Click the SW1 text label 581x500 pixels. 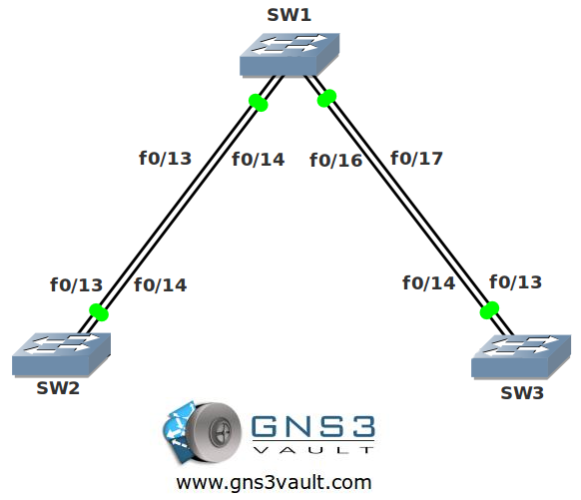point(290,15)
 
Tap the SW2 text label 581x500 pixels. point(58,388)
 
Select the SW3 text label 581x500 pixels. point(522,393)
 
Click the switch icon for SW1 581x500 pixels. point(290,55)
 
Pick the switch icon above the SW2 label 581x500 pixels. point(61,355)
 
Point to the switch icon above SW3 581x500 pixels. point(521,356)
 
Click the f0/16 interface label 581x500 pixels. point(335,161)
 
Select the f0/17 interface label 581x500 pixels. point(416,159)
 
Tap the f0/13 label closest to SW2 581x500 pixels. point(76,285)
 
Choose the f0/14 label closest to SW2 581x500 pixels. point(161,285)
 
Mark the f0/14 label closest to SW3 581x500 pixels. point(428,283)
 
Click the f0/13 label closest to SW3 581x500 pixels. point(515,282)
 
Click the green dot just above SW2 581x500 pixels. point(99,312)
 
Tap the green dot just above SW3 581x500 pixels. point(489,310)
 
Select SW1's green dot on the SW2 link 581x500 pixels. point(259,103)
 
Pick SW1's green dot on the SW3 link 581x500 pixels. point(326,98)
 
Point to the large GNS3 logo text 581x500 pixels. point(313,426)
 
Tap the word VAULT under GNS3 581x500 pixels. point(313,450)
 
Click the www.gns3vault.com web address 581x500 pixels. point(274,483)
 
